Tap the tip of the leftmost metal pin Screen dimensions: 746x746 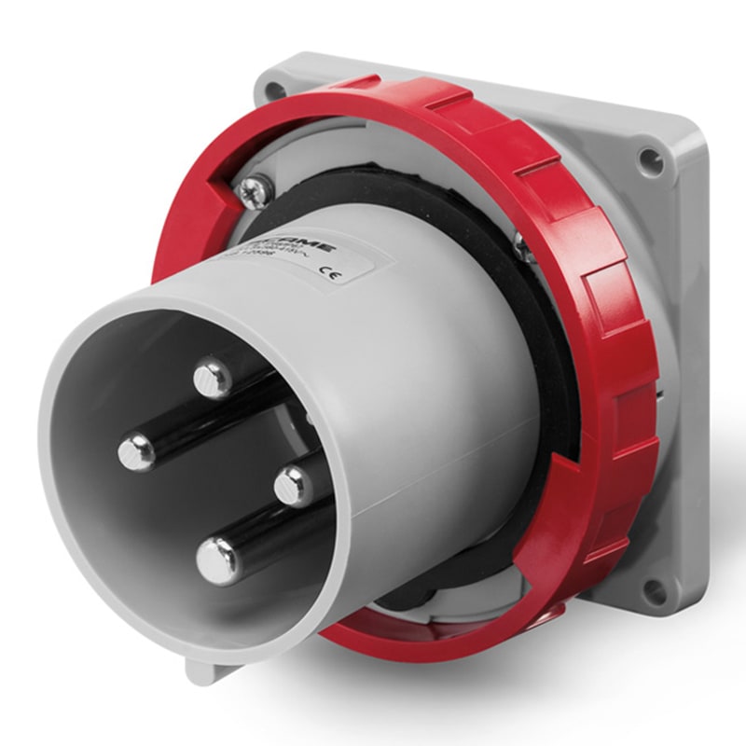pyautogui.click(x=137, y=452)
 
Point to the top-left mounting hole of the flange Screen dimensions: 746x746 pyautogui.click(x=273, y=90)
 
